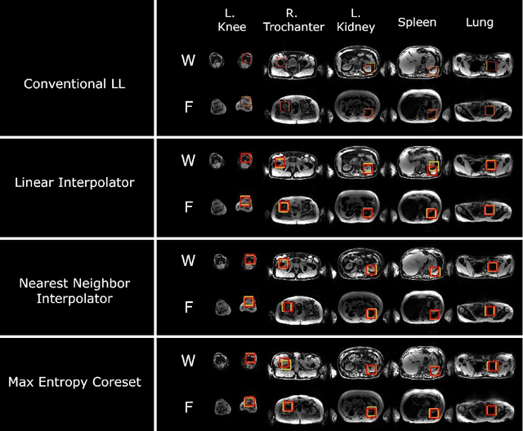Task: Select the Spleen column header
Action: coord(418,22)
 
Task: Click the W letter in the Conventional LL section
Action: coord(189,60)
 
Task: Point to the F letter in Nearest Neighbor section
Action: coord(189,307)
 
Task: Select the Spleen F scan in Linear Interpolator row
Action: coord(432,211)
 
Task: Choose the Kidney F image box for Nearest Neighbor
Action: coord(371,313)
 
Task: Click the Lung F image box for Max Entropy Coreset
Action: coord(491,410)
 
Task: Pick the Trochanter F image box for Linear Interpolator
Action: coord(284,207)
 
